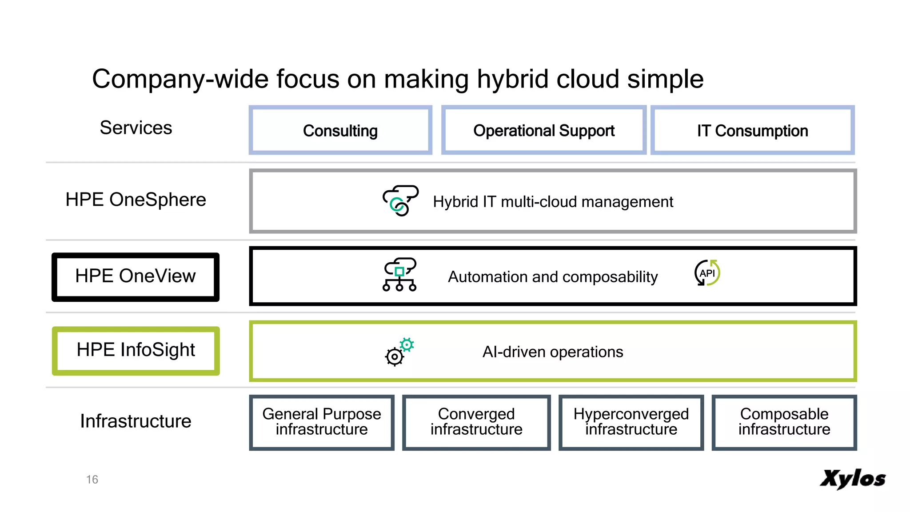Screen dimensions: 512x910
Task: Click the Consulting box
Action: coord(340,130)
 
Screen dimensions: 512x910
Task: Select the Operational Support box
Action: coord(543,130)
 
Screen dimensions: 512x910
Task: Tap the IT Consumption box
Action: coord(752,130)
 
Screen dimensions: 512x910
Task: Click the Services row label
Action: coord(136,128)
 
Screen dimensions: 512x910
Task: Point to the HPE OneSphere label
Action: coord(136,200)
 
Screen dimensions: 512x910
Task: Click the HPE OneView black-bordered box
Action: coord(136,276)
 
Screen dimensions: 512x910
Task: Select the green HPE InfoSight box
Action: coord(136,350)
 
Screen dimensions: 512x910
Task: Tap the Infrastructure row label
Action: coord(136,421)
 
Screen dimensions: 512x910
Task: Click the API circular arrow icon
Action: coord(707,273)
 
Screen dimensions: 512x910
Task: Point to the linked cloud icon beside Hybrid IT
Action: coord(400,200)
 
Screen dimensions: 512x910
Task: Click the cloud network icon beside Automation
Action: coord(399,275)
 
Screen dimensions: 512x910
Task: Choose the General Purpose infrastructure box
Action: coord(322,422)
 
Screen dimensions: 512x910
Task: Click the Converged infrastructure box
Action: coord(476,422)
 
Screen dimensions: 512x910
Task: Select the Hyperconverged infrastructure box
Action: coord(631,422)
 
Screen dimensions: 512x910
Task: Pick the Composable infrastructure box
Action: coord(784,422)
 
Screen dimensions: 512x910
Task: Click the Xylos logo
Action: coord(852,479)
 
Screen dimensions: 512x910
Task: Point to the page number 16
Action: coord(92,480)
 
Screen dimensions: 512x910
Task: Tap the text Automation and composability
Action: coord(552,277)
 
